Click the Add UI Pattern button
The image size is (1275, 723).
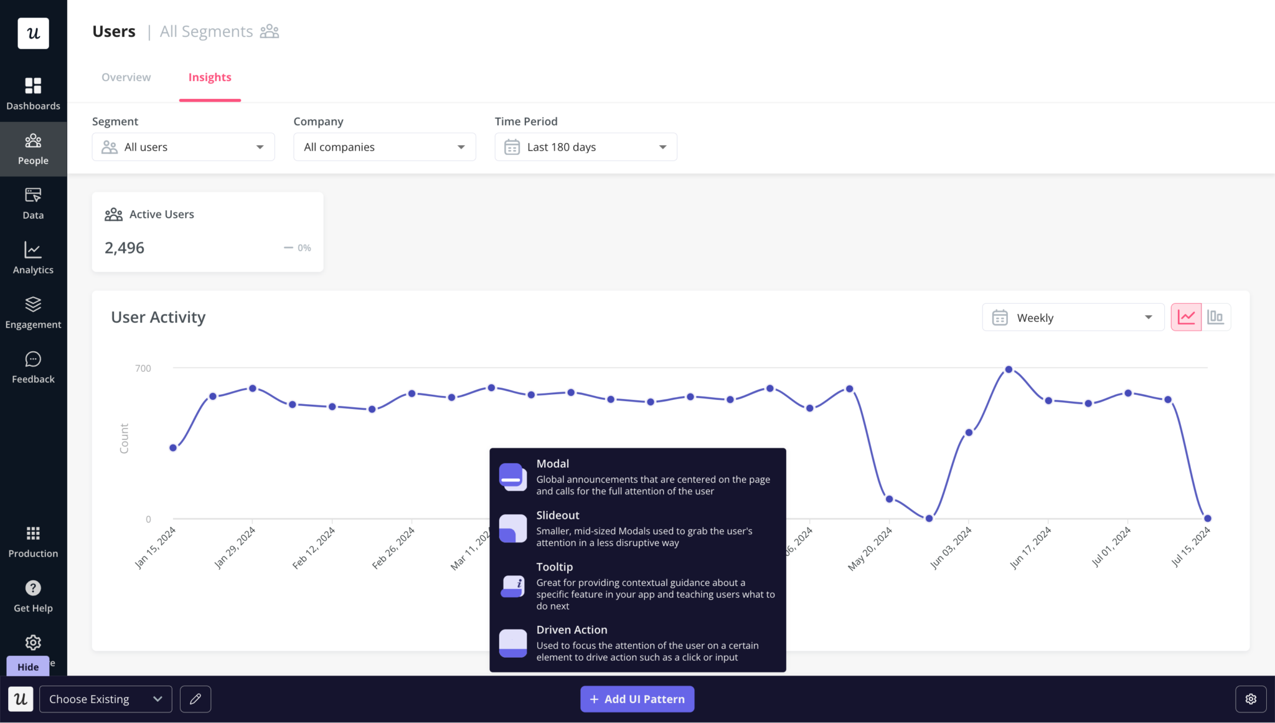[x=637, y=699]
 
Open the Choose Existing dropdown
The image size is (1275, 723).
[x=106, y=699]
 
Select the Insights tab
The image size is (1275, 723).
[x=210, y=77]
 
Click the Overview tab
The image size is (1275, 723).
[x=126, y=77]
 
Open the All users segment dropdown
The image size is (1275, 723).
[x=183, y=147]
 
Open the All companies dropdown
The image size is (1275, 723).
[x=384, y=147]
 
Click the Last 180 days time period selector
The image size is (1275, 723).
[x=585, y=147]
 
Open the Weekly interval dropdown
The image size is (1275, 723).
[x=1073, y=318]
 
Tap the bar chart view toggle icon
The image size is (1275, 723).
[x=1215, y=317]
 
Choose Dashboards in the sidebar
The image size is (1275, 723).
[x=33, y=93]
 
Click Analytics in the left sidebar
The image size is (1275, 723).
[x=33, y=258]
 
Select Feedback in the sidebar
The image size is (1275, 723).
[x=33, y=367]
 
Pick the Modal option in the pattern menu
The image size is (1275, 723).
[x=552, y=464]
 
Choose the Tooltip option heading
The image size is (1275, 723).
[x=554, y=567]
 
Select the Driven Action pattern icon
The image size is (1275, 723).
[x=513, y=643]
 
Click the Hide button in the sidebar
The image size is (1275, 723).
[x=28, y=666]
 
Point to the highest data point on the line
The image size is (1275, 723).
[x=1009, y=369]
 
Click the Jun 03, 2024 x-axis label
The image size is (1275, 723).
[x=951, y=547]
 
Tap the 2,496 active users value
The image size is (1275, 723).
[x=125, y=248]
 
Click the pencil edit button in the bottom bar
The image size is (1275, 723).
[x=195, y=699]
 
